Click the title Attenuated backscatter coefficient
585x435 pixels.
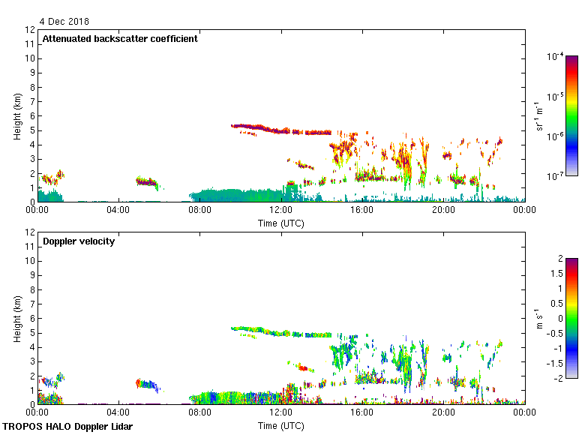click(x=120, y=39)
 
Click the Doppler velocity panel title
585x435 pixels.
click(x=79, y=241)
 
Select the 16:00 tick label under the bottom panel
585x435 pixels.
click(x=361, y=413)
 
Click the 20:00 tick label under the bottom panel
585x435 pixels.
click(x=443, y=413)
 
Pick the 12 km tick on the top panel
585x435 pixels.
click(x=31, y=30)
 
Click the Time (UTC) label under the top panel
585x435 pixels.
click(x=280, y=223)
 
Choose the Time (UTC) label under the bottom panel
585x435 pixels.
click(x=280, y=425)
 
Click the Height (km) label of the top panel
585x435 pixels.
click(x=16, y=115)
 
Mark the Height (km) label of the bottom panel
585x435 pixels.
click(x=16, y=318)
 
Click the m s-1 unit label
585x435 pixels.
click(x=538, y=318)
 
